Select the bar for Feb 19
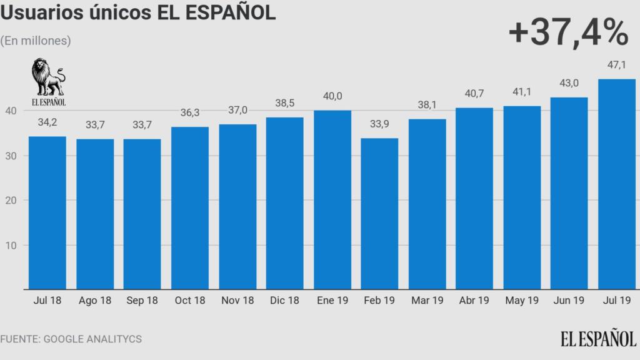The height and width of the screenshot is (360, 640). coord(379,214)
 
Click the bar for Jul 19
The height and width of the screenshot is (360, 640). coord(617,184)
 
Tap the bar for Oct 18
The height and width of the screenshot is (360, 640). coord(190,208)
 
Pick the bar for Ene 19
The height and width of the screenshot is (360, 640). coord(332,200)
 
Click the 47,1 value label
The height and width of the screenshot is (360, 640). coord(617,65)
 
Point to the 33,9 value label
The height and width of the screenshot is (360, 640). coord(379,124)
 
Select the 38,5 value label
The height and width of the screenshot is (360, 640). coord(284,103)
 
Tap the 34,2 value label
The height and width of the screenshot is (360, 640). coord(47,122)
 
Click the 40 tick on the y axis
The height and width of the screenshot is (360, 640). coord(10,111)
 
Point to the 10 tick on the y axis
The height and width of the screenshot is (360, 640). coord(10,245)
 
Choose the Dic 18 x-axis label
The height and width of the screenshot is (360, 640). coord(284,301)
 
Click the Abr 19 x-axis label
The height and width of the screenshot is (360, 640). coord(474,301)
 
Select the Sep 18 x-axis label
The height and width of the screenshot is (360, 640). coord(142,301)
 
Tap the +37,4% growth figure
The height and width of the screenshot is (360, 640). coord(567,33)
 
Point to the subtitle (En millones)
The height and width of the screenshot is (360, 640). coord(36,41)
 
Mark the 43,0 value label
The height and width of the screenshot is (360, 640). coord(569,83)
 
